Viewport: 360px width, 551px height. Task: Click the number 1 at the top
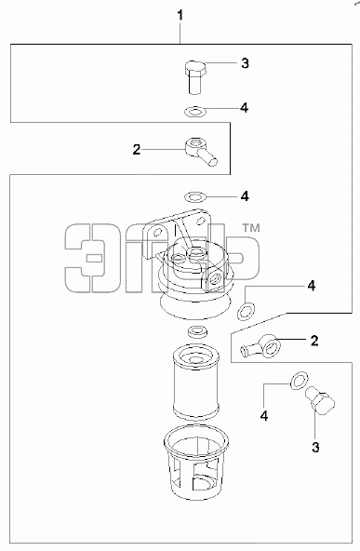[180, 16]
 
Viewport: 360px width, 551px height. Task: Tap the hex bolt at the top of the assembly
[195, 77]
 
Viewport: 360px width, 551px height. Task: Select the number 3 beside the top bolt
[245, 63]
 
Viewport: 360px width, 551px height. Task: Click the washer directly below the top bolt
[195, 112]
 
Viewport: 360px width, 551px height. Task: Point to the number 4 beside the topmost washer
[245, 108]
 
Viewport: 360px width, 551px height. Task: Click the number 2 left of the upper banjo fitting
[136, 149]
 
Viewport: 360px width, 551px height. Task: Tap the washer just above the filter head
[195, 196]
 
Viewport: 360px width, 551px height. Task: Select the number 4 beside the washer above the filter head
[245, 196]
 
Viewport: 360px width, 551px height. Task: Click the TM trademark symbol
[251, 228]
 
